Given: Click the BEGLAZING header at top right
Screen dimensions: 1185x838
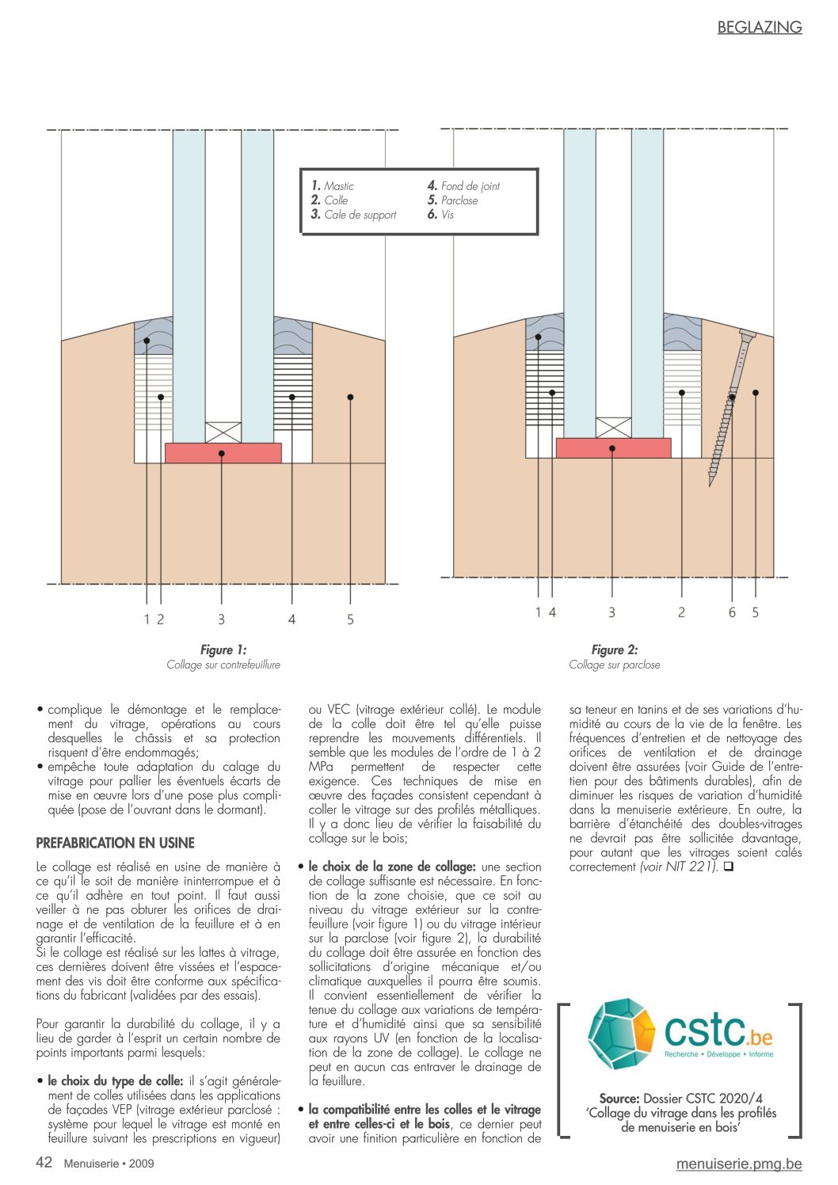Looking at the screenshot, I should point(759,28).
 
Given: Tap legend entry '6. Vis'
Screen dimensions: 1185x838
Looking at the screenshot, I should point(440,215).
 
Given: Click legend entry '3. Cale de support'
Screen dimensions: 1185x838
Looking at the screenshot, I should point(353,215).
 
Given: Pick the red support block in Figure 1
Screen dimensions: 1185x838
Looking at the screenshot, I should point(223,452).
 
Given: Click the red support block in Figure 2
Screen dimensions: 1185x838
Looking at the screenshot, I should point(613,448).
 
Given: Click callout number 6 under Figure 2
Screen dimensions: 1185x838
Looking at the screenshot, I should point(732,612).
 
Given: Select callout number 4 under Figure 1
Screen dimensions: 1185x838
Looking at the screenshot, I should point(291,619).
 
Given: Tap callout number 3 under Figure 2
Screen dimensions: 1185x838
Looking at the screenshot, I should point(611,612).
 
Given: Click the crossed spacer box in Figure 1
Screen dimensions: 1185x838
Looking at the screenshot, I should point(223,432).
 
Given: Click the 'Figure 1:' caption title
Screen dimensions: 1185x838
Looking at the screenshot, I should point(223,650).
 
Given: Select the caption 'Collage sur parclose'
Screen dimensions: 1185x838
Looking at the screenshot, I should point(614,665).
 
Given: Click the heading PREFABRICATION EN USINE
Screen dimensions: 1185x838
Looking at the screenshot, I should point(115,843).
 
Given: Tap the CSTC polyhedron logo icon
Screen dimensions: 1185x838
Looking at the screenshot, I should point(621,1034).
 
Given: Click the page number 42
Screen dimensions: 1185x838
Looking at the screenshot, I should point(44,1162).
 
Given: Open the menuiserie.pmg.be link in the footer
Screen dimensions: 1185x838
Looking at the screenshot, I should point(738,1164).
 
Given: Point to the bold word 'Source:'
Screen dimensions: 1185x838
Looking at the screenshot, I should point(619,1099).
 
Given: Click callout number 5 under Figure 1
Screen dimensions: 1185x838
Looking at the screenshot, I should point(350,619).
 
